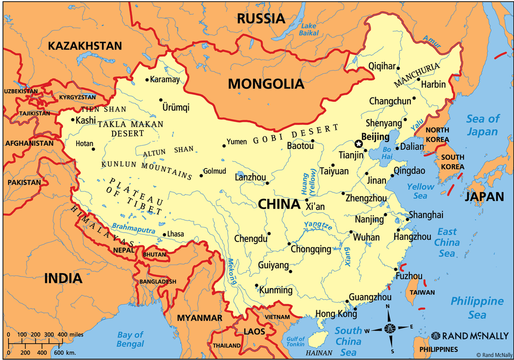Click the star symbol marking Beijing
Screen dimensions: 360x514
coord(358,143)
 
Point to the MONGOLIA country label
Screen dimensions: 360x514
coord(266,84)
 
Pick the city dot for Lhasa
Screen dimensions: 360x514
coord(164,235)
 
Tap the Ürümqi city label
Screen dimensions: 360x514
coord(176,108)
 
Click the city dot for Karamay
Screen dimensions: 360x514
coord(147,80)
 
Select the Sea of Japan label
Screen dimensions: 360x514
coord(483,125)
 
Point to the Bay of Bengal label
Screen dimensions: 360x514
coord(130,339)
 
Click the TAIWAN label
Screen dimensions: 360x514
coord(422,292)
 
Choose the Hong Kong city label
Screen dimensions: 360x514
coord(333,313)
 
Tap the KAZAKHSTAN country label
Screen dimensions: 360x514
coord(85,46)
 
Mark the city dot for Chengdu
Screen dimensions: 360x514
coord(270,233)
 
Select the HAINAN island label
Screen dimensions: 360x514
coord(319,353)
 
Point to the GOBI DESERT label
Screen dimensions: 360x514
coord(296,134)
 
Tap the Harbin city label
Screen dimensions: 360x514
coord(433,85)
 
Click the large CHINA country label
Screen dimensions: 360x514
coord(279,204)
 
